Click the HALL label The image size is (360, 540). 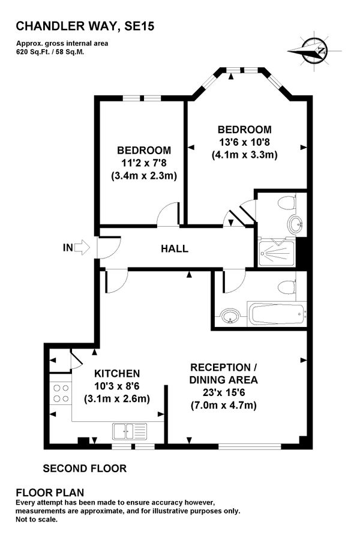(174, 248)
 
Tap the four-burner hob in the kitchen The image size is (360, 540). (61, 392)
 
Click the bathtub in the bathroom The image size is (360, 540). (277, 313)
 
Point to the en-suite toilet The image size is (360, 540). (287, 203)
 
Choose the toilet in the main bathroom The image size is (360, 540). (287, 286)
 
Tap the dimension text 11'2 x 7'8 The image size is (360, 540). (143, 163)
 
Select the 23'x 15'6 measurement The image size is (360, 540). (223, 393)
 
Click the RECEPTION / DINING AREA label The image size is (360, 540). (223, 373)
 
